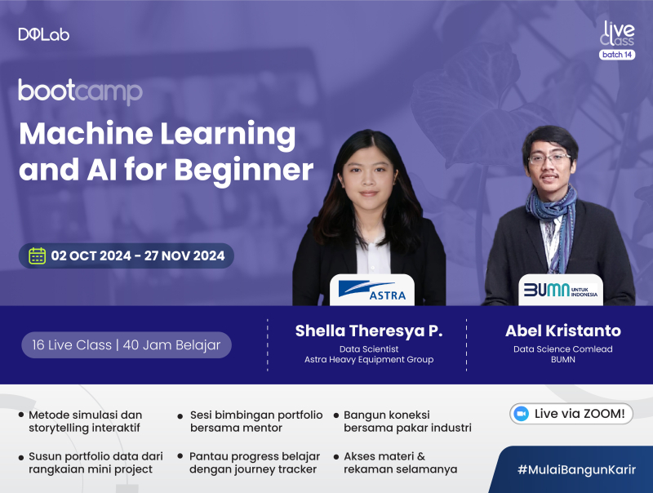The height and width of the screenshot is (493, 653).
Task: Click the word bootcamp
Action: pos(80,91)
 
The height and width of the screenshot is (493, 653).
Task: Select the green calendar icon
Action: pos(38,255)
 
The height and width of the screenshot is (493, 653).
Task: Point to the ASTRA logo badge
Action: pos(371,289)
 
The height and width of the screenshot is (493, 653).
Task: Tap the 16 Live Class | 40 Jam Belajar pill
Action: pos(127,344)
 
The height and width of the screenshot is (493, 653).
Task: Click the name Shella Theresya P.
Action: pos(368,331)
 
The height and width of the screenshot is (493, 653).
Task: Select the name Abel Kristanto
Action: pos(562,331)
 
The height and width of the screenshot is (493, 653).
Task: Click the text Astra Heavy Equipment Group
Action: pos(368,359)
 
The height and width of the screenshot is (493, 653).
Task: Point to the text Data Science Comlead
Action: pos(562,349)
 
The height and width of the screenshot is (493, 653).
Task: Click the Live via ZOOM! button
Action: pos(571,414)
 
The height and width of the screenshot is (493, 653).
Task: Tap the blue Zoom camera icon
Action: pos(521,414)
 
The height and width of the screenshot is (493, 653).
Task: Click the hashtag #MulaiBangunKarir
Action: pos(576,470)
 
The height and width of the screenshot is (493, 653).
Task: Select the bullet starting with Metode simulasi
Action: pos(85,421)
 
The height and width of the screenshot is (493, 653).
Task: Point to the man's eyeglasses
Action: pos(549,158)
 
